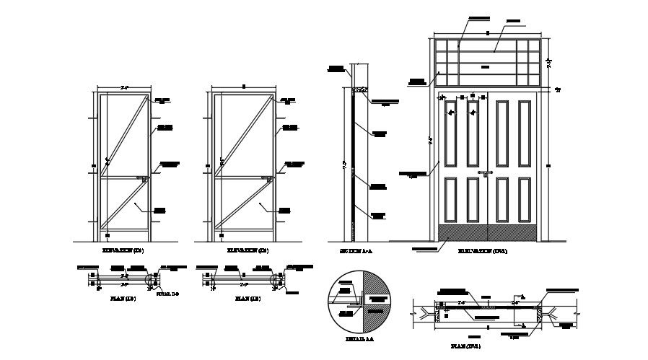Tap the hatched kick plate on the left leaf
463,232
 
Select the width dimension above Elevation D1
124,88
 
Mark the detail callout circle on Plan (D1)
151,279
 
